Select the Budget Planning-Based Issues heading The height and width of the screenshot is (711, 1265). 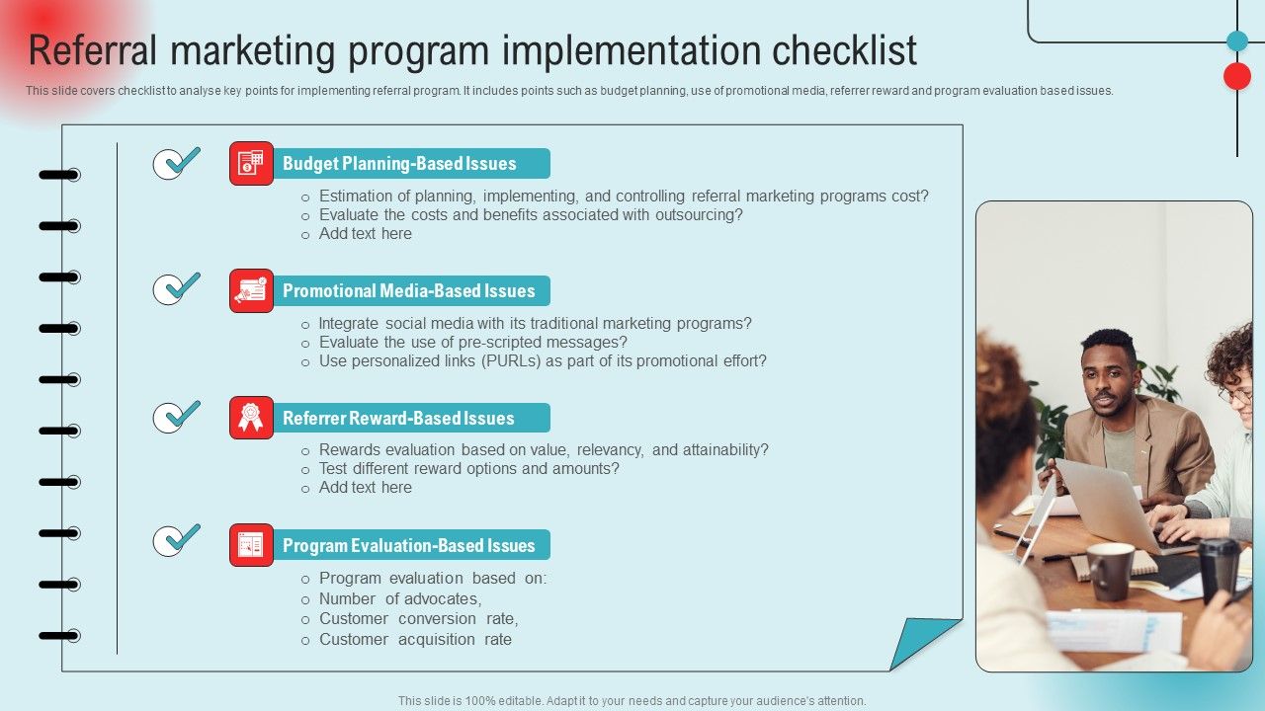(x=399, y=164)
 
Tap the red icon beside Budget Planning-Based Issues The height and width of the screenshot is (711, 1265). (x=251, y=164)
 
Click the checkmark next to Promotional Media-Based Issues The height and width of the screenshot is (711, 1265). (x=177, y=288)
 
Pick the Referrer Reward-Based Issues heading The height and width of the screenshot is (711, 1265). (x=398, y=418)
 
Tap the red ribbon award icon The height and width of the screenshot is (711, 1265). (x=251, y=418)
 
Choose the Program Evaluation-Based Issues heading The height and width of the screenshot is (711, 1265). (x=408, y=545)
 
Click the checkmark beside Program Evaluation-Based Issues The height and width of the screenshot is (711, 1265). (x=177, y=540)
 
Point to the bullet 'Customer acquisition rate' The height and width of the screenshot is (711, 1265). (x=415, y=639)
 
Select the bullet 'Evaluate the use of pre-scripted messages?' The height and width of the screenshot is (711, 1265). (x=472, y=342)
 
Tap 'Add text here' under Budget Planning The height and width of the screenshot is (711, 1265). (x=365, y=234)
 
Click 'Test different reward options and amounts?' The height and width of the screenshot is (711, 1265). (x=468, y=468)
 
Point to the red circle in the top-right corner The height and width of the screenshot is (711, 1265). (x=1237, y=76)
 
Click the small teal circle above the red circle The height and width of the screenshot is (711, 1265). (x=1237, y=40)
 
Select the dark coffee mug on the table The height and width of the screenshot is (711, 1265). (x=1110, y=571)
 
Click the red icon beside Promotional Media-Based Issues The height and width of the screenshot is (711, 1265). (x=251, y=290)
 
